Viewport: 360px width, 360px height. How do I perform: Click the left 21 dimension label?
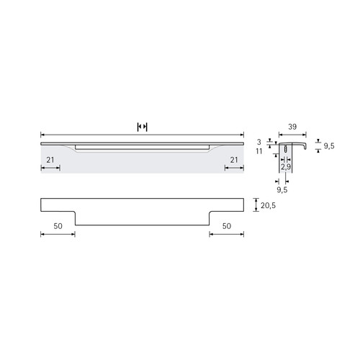(50, 160)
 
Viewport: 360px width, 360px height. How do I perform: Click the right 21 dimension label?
(234, 160)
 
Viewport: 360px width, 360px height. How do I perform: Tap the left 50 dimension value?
(58, 226)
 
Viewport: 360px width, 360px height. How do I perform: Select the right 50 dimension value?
(227, 226)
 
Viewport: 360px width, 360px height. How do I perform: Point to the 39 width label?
(292, 127)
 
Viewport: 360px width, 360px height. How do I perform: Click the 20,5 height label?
(269, 206)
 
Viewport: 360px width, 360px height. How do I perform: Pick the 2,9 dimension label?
(286, 167)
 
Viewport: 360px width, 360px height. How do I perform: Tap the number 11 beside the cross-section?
(259, 151)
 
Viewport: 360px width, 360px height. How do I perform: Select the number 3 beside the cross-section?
(259, 142)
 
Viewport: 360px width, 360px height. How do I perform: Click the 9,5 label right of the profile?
(329, 146)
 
